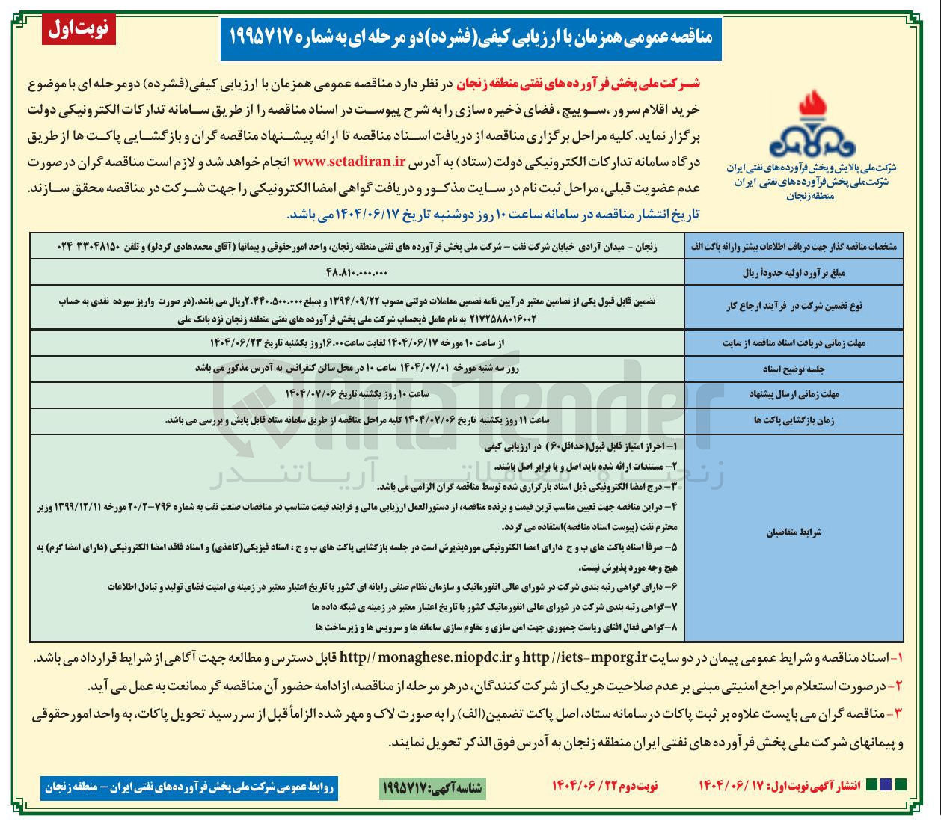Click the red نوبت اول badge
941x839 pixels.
coord(79,29)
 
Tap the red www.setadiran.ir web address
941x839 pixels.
coord(349,162)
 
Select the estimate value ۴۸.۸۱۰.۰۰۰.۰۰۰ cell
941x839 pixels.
coord(357,272)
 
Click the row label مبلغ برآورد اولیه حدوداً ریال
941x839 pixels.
coord(794,273)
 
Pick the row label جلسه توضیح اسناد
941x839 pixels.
coord(794,369)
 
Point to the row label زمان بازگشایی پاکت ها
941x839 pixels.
coord(794,420)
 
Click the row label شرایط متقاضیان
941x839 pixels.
coord(794,532)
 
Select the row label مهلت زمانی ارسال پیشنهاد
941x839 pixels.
coord(794,394)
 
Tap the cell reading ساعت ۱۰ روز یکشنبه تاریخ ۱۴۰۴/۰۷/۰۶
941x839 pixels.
coord(357,394)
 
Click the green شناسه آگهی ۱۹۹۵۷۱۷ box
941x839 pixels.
coord(432,787)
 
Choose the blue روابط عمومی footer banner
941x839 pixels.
coord(189,787)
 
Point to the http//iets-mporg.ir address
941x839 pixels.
coord(584,658)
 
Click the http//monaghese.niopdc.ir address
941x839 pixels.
coord(425,658)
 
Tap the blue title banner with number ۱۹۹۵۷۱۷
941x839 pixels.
coord(470,37)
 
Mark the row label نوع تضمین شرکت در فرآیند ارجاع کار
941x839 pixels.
coord(794,306)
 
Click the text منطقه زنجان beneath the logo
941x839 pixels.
coord(810,196)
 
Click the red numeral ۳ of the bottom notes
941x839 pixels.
coord(898,714)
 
